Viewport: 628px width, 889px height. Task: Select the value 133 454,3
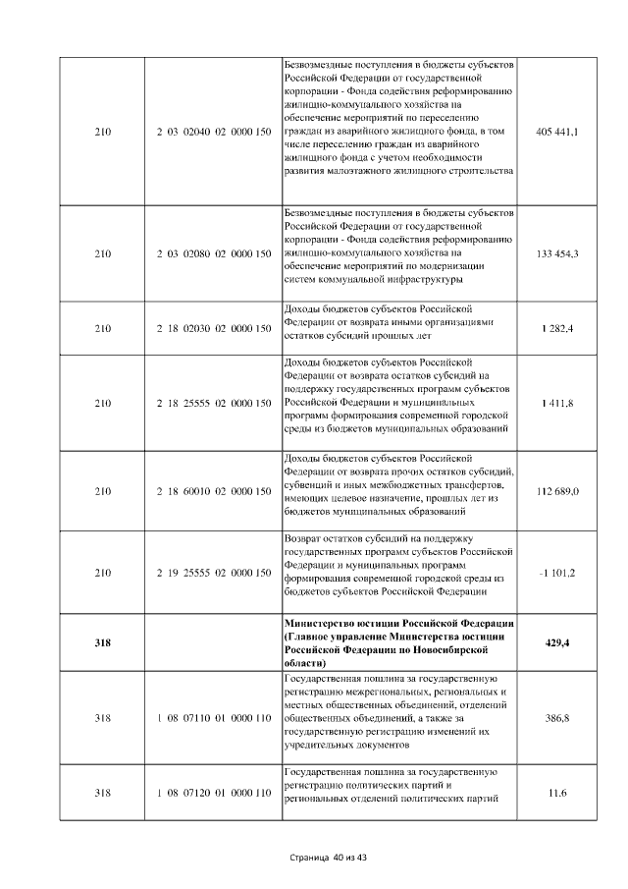(x=557, y=254)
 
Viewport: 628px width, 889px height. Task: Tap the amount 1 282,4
(x=557, y=327)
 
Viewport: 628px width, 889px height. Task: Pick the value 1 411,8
(x=557, y=403)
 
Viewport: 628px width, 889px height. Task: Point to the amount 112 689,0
(x=557, y=490)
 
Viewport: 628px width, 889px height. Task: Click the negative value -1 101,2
(x=557, y=573)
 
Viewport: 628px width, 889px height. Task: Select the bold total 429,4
(x=557, y=642)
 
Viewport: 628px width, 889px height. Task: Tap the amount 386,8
(x=557, y=718)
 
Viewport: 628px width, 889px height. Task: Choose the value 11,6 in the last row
(x=557, y=792)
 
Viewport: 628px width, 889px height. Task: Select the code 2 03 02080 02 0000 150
(x=213, y=254)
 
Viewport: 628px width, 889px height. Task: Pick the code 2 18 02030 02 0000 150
(x=213, y=327)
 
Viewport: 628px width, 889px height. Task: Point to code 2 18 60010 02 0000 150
(x=213, y=490)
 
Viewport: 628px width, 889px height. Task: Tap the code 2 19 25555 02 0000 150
(x=213, y=573)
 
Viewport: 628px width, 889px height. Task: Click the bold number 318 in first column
(x=102, y=642)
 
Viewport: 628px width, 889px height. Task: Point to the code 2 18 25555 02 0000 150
(x=213, y=403)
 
